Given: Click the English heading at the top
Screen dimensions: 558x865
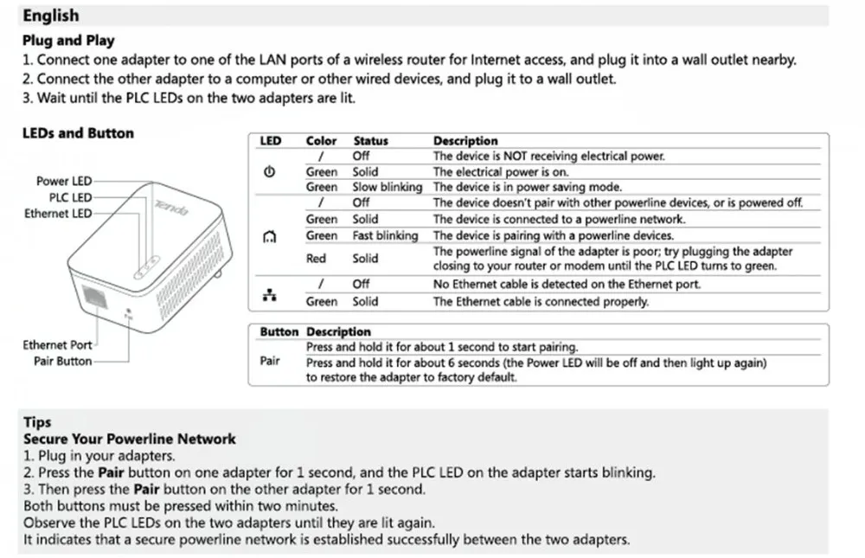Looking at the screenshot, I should (x=50, y=16).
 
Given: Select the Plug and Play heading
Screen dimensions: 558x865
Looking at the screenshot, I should (x=68, y=40).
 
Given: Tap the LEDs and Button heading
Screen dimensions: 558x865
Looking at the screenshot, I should (x=78, y=133).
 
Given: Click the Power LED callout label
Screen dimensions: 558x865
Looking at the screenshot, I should (x=63, y=182).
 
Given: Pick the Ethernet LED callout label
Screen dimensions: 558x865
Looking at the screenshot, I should (x=58, y=214).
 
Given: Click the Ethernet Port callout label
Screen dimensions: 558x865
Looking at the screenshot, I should (x=57, y=345).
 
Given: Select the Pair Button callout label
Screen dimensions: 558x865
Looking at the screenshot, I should (x=62, y=362).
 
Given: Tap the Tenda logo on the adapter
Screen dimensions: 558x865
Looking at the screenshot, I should (x=170, y=208).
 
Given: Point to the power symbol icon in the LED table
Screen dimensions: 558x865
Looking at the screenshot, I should (x=269, y=172).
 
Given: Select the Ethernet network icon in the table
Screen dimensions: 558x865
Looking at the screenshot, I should (x=269, y=295).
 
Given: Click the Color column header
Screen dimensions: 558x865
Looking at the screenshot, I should (x=321, y=141).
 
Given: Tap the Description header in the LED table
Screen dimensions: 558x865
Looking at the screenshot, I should (x=465, y=141).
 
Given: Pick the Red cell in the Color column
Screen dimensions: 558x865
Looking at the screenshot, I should (x=316, y=259).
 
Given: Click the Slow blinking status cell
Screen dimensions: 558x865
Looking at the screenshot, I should (x=387, y=187).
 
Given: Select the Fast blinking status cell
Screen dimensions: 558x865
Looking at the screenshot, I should (x=385, y=235).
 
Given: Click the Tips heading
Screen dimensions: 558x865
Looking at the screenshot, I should (x=37, y=422).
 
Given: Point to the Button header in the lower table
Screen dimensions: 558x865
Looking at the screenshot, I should (x=279, y=332).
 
